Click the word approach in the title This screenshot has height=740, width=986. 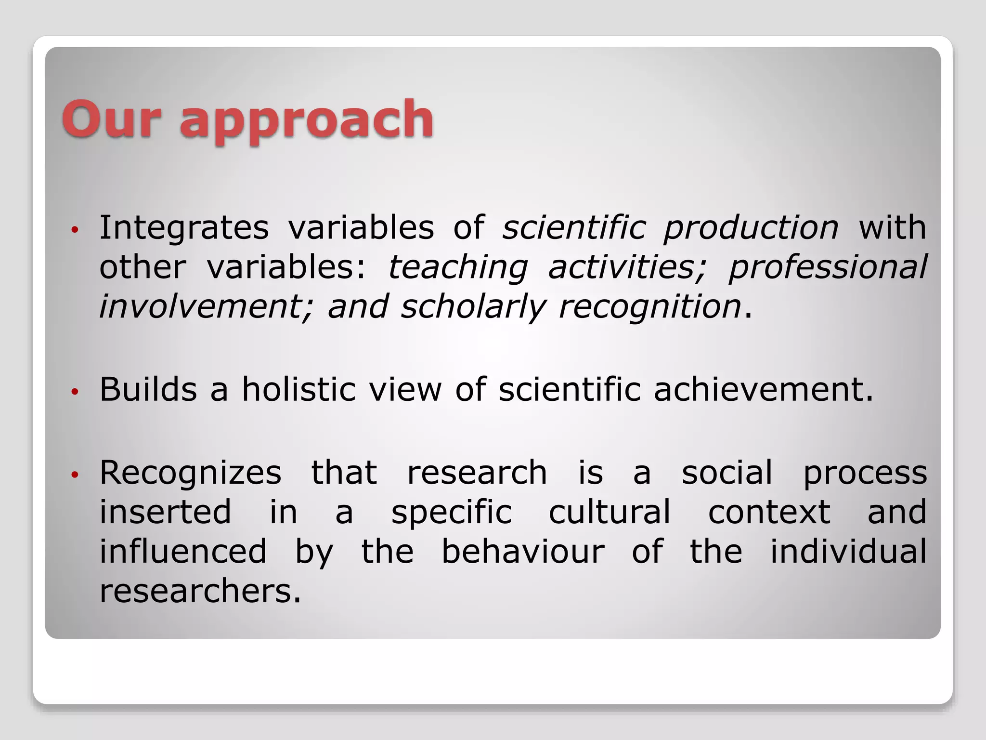coord(307,120)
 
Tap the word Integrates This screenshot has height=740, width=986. coord(184,227)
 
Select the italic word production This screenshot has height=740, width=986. coord(751,227)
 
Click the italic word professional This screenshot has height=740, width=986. coord(827,267)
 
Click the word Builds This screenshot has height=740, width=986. coord(148,389)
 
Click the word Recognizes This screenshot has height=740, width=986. coord(190,472)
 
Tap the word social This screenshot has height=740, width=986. coord(727,472)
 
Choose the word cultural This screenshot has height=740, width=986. coord(610,512)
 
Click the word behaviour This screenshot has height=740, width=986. coord(523,551)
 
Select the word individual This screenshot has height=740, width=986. coord(848,551)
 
